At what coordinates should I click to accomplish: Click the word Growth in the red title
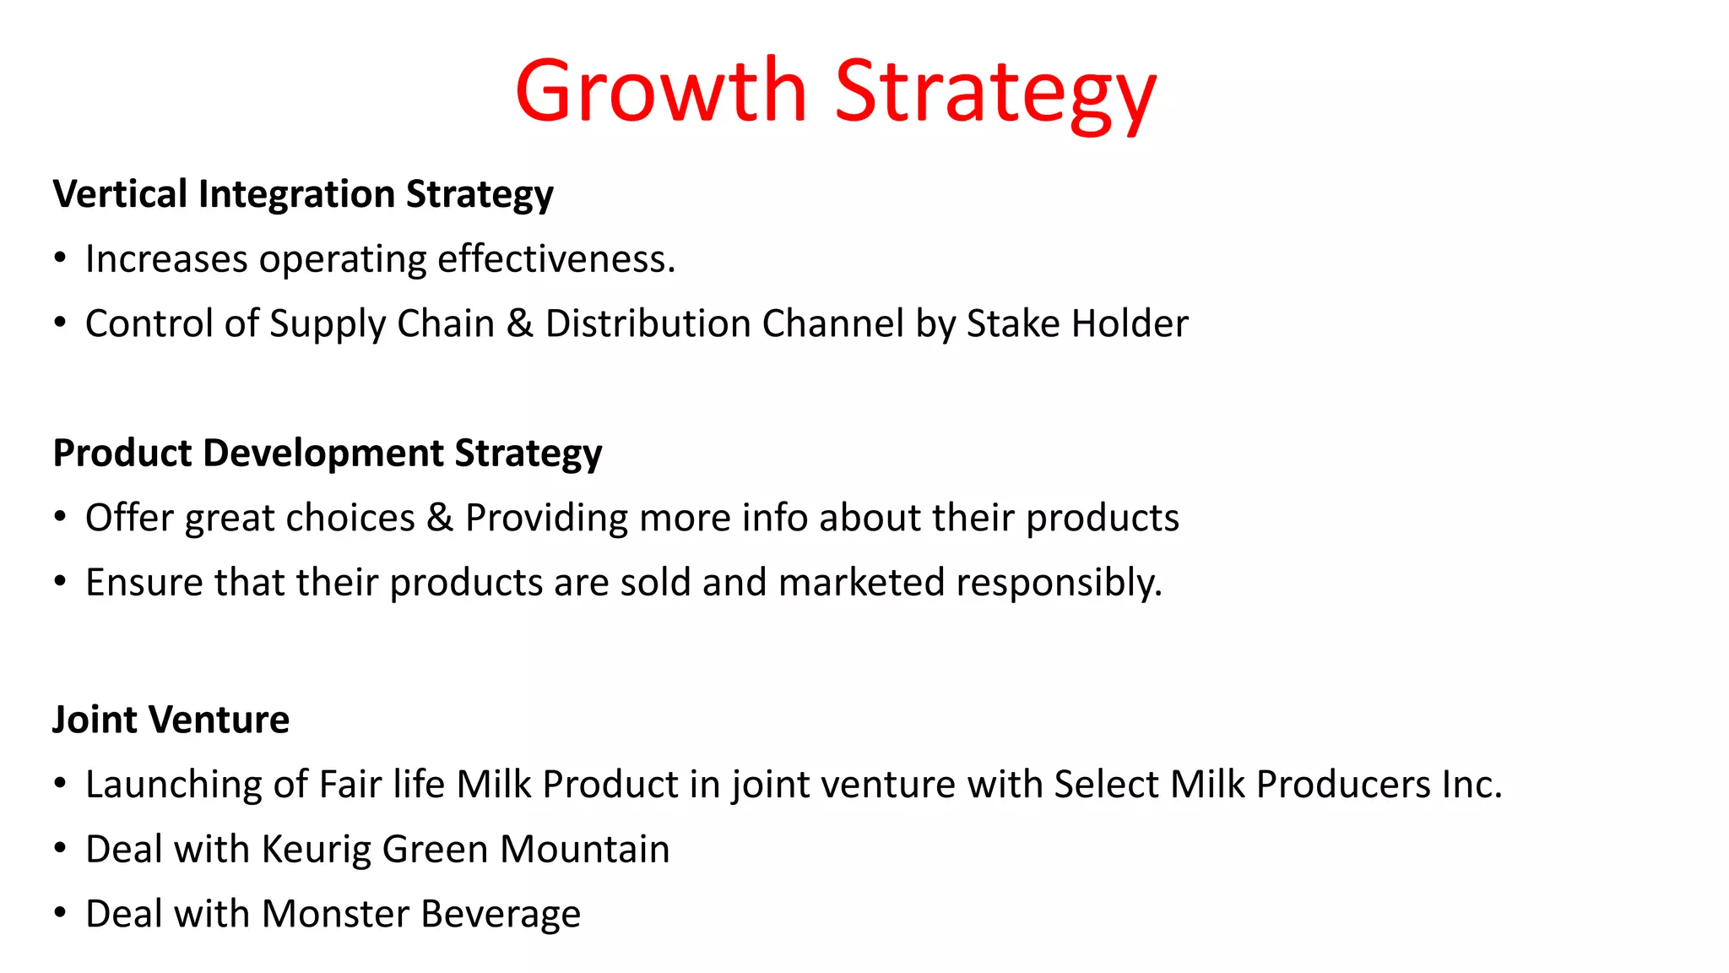tap(661, 91)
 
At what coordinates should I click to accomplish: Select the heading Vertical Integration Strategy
tap(303, 194)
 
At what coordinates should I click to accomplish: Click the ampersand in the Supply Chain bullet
tap(519, 323)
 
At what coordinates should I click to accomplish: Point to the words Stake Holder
tap(1077, 323)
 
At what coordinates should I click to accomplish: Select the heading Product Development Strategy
tap(328, 454)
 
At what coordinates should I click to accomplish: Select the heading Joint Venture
tap(171, 720)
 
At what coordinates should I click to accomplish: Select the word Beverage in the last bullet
tap(501, 914)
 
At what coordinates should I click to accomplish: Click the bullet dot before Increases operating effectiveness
tap(60, 258)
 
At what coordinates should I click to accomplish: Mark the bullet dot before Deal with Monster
tap(60, 914)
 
